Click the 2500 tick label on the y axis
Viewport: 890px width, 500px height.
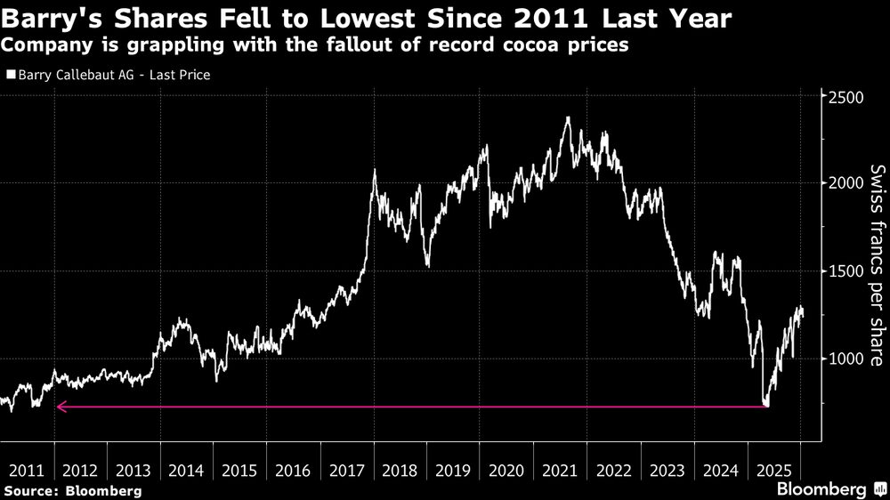click(x=847, y=96)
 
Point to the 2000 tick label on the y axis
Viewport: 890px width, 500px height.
click(x=847, y=183)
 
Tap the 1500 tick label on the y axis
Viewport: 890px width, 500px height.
click(x=847, y=271)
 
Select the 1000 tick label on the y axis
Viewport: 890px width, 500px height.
click(x=847, y=359)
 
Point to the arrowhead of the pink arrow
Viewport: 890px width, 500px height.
click(x=60, y=407)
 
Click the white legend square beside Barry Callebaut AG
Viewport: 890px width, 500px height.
click(x=10, y=76)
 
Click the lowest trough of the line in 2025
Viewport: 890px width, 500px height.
click(x=766, y=405)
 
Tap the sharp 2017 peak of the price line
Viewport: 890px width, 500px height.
click(x=374, y=171)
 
